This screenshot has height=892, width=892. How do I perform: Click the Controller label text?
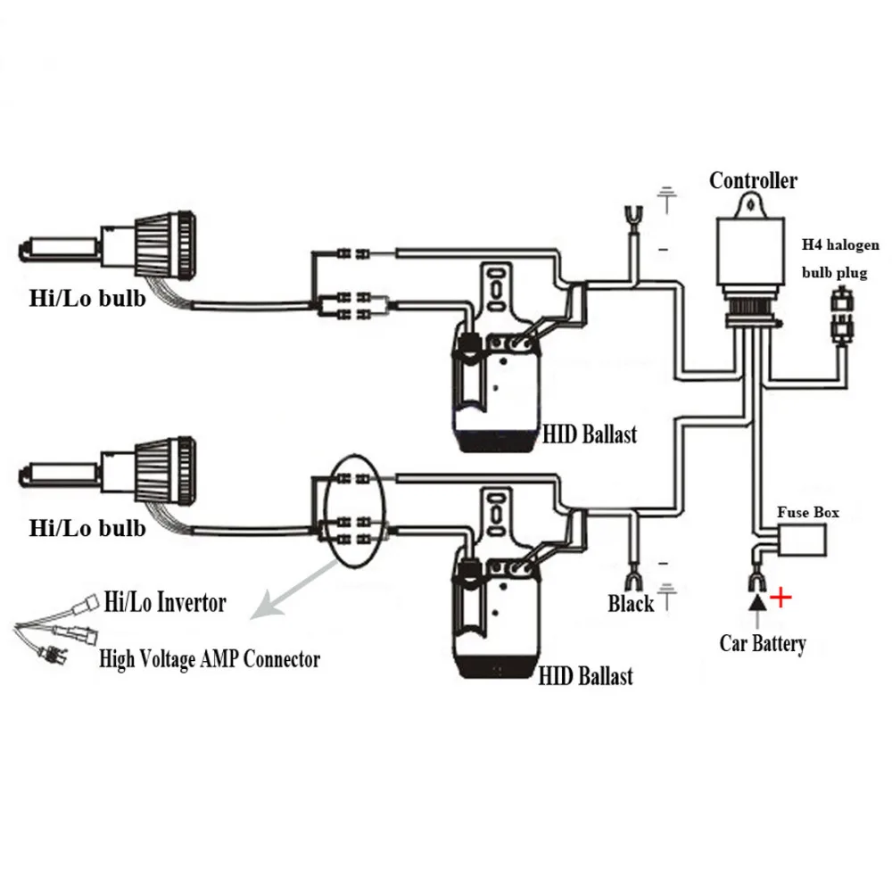[x=753, y=181]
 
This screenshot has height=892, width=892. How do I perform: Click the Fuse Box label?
[x=807, y=513]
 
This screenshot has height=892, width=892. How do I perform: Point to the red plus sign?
[x=780, y=597]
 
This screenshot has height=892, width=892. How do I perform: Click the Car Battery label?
[x=763, y=643]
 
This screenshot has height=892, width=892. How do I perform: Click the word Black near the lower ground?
[x=632, y=604]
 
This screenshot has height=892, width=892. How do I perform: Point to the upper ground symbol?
[x=665, y=198]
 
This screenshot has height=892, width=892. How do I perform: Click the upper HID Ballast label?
[x=591, y=434]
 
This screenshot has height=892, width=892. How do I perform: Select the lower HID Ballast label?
[x=585, y=675]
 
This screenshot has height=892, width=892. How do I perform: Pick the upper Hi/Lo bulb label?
[x=87, y=297]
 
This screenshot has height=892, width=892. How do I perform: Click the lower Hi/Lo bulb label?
[x=87, y=528]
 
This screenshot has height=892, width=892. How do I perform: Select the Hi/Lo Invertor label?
[x=165, y=602]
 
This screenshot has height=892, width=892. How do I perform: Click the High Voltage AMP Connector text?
[x=209, y=660]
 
